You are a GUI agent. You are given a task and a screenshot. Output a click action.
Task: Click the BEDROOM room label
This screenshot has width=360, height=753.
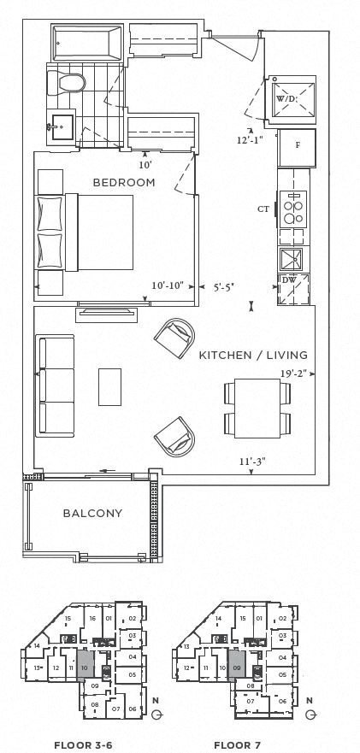click(124, 182)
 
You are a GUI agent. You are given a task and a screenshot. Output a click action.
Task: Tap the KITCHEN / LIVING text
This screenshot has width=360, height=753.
click(252, 355)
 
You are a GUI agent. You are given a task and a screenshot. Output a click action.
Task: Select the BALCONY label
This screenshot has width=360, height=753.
click(92, 514)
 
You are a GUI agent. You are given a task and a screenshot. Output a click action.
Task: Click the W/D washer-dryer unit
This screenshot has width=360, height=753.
click(294, 97)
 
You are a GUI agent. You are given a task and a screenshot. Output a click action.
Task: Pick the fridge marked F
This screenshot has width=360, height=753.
click(296, 146)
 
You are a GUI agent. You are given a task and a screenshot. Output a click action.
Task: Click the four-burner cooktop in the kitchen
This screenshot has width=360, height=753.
click(294, 209)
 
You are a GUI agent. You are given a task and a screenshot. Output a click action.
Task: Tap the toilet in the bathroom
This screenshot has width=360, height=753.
click(67, 82)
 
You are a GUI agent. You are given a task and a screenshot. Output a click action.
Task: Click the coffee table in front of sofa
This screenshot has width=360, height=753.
click(110, 386)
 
